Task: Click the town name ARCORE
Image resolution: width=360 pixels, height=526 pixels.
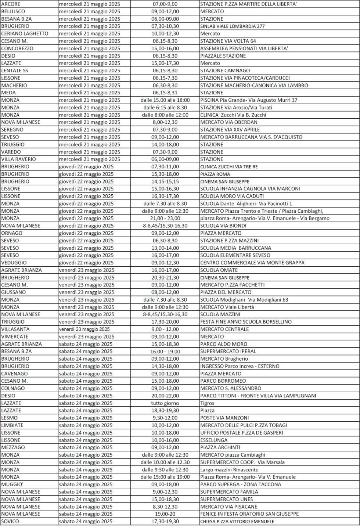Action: (x=11, y=4)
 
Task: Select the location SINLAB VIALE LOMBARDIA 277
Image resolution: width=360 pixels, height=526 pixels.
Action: (x=232, y=26)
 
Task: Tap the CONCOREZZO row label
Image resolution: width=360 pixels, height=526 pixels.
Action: (x=17, y=48)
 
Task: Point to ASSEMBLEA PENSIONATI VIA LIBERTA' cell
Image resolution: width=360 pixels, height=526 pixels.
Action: (x=244, y=48)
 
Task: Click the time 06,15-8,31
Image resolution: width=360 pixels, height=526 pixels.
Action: (x=165, y=93)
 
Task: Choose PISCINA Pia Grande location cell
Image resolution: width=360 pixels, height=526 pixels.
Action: (x=249, y=100)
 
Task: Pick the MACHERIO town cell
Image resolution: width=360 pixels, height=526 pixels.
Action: (x=14, y=85)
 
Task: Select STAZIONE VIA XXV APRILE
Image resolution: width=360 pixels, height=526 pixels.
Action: (x=230, y=130)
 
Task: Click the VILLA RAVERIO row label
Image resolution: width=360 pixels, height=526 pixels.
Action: (x=18, y=159)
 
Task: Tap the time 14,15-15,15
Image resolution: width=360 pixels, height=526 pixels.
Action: (x=165, y=181)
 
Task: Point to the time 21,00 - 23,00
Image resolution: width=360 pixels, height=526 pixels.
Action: (x=165, y=218)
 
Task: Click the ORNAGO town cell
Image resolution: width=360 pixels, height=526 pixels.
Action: (x=12, y=233)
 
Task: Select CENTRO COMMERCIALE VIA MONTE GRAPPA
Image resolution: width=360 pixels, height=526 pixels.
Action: (x=252, y=263)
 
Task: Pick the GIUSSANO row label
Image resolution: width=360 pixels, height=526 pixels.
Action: (x=14, y=292)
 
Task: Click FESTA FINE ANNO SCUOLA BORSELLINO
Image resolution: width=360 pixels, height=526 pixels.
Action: (x=246, y=322)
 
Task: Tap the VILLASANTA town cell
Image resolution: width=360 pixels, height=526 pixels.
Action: (x=15, y=329)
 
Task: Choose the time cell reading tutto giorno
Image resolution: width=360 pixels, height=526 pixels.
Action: (x=165, y=403)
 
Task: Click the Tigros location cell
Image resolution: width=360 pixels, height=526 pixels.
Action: (x=207, y=403)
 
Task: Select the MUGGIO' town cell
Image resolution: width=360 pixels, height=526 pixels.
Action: (x=12, y=484)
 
